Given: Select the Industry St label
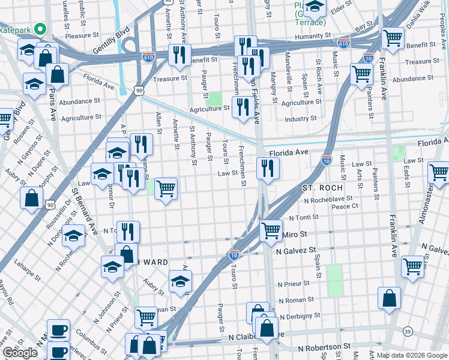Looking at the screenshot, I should pos(301,119).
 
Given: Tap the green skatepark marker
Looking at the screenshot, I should pos(41,28).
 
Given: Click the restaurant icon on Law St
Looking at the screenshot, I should pos(268,168).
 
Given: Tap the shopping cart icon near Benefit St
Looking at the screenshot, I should pos(393,38).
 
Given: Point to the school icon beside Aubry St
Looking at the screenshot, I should pos(180,281).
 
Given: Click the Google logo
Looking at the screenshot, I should pos(20,353).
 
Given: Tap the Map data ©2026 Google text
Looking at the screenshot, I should pos(412,355).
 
